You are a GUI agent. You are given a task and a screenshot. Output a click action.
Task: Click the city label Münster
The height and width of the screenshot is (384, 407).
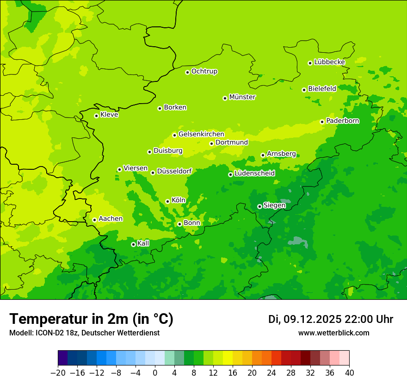pos(242,97)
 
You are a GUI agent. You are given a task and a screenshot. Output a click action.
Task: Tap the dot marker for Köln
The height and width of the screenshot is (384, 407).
pos(167,201)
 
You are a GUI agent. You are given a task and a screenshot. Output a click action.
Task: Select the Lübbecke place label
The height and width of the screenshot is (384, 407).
pos(329,62)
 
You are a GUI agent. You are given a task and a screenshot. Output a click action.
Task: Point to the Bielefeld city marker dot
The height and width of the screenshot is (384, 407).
pos(304,90)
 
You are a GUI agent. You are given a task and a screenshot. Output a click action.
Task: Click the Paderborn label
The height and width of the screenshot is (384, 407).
pos(342,121)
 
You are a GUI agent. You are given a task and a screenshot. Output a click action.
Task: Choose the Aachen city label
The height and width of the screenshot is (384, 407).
pos(111,219)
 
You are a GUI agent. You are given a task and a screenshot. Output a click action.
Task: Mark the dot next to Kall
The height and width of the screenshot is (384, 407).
pos(133,244)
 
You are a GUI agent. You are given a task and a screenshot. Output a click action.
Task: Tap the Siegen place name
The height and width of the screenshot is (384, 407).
pos(274,205)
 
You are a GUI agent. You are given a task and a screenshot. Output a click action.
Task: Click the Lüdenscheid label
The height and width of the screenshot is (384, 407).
pos(254,173)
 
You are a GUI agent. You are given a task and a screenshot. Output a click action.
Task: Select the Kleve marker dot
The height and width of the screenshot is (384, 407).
pos(96,116)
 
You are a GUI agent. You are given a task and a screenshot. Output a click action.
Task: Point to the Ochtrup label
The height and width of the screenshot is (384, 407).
pos(204,71)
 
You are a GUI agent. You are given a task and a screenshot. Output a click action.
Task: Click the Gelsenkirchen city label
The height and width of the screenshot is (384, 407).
pos(201,134)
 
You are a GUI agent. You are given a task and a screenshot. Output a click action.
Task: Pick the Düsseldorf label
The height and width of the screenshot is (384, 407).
pos(174,171)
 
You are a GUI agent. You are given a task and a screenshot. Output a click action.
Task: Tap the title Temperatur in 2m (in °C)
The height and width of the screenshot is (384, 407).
pos(91,319)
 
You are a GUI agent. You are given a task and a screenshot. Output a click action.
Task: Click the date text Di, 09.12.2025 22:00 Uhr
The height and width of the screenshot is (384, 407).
pos(331,319)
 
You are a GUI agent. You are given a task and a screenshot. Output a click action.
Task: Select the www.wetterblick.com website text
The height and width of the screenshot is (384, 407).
pos(333,333)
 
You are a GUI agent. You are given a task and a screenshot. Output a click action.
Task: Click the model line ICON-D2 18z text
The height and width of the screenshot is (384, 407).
pos(84,333)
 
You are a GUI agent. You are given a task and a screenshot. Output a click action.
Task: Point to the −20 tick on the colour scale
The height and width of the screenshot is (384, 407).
pos(58,373)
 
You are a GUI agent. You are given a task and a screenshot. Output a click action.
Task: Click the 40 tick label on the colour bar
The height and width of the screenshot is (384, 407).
pos(349,373)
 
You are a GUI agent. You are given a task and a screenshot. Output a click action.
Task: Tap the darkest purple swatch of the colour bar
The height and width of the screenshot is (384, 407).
pos(62,358)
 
